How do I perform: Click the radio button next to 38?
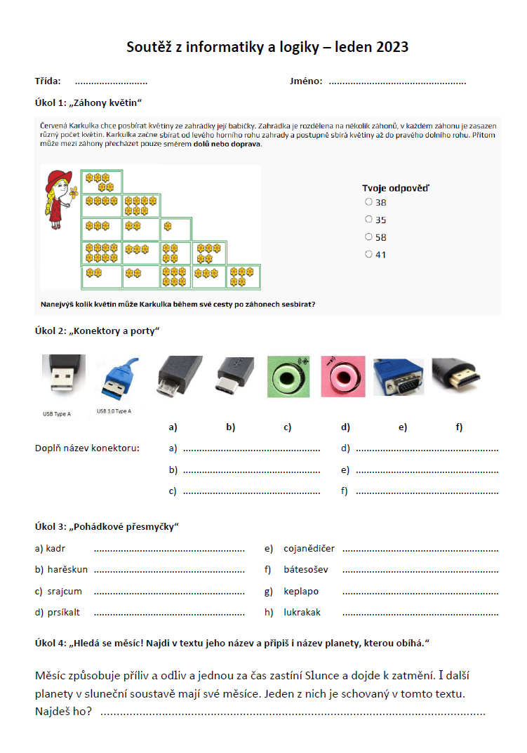click(369, 202)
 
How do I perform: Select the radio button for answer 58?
click(369, 237)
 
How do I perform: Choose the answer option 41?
click(369, 255)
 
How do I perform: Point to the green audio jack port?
click(288, 376)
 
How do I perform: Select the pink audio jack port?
click(342, 376)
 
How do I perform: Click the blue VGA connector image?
click(398, 378)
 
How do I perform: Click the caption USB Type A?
click(57, 414)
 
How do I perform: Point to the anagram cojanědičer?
click(309, 549)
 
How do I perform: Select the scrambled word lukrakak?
click(302, 612)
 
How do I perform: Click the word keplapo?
click(301, 591)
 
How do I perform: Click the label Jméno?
click(306, 81)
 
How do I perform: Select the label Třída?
click(48, 81)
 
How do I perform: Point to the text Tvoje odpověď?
click(396, 187)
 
